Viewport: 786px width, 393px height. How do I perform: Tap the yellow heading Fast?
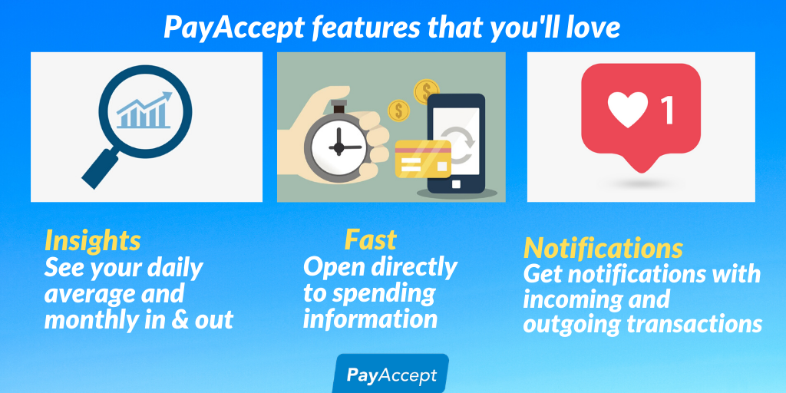click(371, 240)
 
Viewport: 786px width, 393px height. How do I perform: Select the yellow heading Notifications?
click(603, 248)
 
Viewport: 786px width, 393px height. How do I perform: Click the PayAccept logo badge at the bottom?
click(391, 374)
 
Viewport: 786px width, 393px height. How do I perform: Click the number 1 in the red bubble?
click(668, 110)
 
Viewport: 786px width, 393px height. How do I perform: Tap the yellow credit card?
click(423, 159)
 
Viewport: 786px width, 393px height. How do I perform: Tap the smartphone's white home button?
click(456, 184)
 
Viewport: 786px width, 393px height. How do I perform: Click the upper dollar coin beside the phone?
click(427, 91)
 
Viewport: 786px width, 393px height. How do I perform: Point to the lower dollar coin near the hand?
click(398, 111)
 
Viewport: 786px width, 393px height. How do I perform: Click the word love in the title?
click(593, 28)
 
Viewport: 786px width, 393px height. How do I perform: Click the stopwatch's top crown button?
click(339, 106)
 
